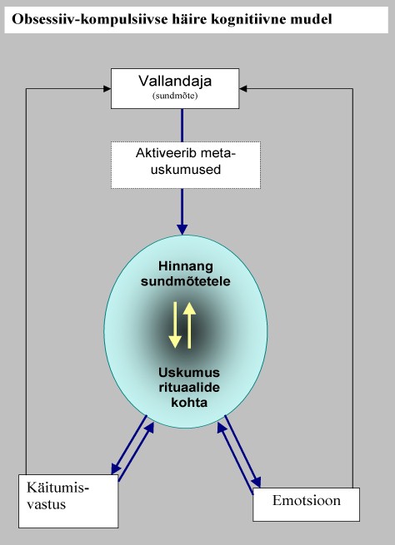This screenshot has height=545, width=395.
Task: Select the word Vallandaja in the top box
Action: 175,82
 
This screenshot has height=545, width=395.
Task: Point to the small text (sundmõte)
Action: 175,96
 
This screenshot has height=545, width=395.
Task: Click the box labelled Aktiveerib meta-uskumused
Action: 186,165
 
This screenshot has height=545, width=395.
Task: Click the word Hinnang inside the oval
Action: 186,266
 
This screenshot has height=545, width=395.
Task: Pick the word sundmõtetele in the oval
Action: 186,281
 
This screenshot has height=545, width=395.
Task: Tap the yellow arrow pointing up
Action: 190,325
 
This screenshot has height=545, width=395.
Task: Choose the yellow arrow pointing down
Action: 175,325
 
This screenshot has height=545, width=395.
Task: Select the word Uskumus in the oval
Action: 189,373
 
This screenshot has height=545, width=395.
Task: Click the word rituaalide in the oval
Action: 189,388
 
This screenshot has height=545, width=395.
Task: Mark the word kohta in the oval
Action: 189,403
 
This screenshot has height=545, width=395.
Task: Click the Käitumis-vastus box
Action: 68,501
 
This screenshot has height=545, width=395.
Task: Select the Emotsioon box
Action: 307,504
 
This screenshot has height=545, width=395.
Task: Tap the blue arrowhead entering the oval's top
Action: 182,230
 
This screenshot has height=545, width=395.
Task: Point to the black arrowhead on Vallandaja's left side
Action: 107,89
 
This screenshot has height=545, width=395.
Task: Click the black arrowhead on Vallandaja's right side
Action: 243,89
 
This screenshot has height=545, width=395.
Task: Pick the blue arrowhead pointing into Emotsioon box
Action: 257,482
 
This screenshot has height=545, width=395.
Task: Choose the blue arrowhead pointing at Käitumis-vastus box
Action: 116,469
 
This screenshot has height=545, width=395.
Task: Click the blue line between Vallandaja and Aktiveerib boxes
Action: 182,125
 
